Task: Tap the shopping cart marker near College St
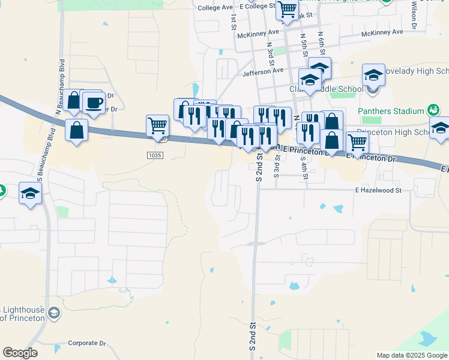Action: click(x=288, y=10)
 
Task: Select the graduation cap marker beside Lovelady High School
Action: click(x=373, y=76)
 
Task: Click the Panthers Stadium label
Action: click(x=391, y=111)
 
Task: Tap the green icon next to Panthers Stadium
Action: click(x=433, y=110)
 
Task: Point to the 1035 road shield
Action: click(x=154, y=155)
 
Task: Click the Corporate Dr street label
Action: click(x=86, y=343)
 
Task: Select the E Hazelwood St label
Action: click(x=377, y=190)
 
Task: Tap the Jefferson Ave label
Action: click(x=262, y=71)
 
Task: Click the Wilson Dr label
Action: click(x=414, y=14)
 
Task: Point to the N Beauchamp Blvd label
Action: click(x=61, y=76)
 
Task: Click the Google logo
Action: click(x=20, y=353)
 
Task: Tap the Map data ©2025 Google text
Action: click(x=411, y=355)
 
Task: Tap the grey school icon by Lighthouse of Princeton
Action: click(x=54, y=313)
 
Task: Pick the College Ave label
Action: click(x=214, y=8)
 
